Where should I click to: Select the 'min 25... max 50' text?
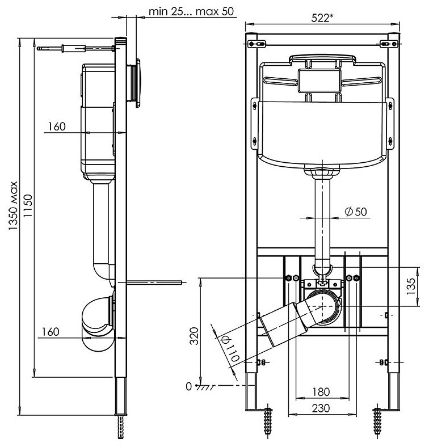[183, 11]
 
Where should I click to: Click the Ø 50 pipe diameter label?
[355, 211]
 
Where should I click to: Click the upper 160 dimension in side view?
[57, 126]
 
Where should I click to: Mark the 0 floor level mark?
[189, 386]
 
